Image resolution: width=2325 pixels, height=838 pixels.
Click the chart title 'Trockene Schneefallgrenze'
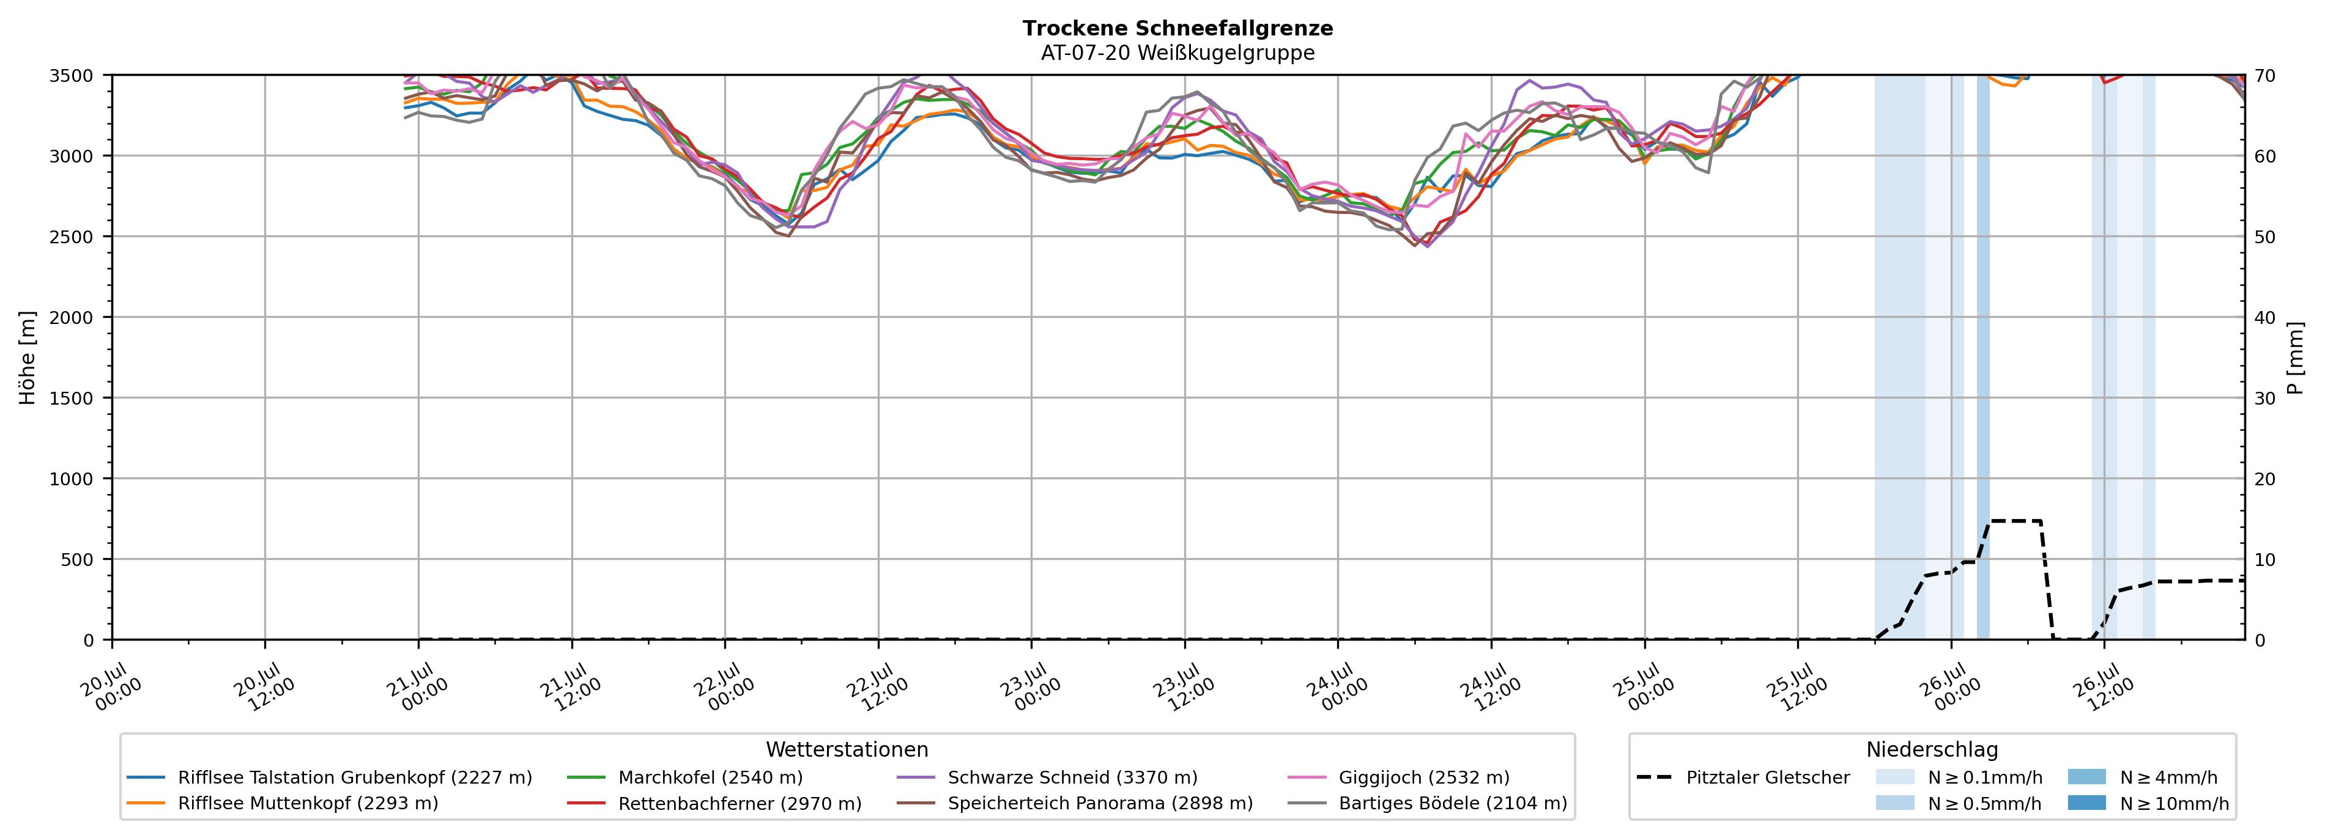(x=1178, y=28)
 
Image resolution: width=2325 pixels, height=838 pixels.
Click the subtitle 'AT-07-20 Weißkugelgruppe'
(x=1178, y=53)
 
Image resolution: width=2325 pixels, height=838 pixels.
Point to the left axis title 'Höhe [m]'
(x=28, y=357)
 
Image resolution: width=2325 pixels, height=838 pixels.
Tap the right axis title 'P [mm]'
(x=2295, y=357)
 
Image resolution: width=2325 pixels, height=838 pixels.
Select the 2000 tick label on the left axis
(x=72, y=317)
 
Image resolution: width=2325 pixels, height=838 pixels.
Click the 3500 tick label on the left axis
(x=72, y=76)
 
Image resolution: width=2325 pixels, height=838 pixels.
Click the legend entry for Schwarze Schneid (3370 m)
(x=1047, y=777)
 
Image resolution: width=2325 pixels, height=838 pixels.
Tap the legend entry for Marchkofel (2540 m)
(x=685, y=777)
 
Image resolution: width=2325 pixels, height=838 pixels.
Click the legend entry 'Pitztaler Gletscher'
(x=1743, y=777)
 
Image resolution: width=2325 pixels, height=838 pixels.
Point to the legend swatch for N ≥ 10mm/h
(x=2086, y=803)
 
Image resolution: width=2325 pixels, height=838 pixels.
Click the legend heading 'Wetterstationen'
(x=847, y=749)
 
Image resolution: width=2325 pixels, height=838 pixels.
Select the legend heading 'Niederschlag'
(x=1932, y=749)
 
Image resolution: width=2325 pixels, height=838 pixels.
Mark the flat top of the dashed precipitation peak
(x=2015, y=521)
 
